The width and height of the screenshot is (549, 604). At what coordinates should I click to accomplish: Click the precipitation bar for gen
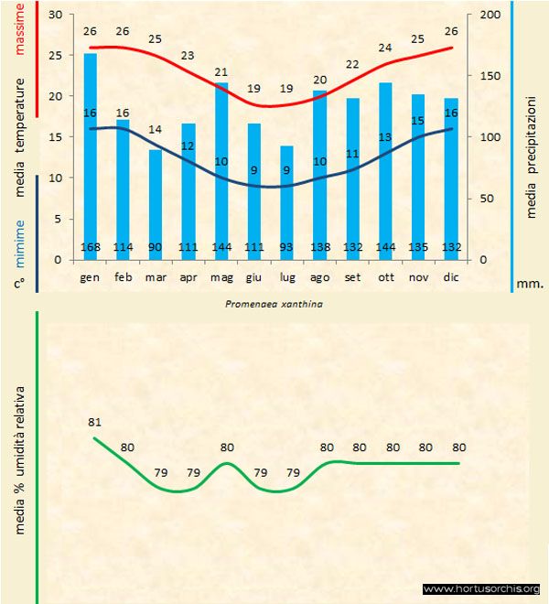pos(91,156)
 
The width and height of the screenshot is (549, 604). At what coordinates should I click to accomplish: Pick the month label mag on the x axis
pos(221,275)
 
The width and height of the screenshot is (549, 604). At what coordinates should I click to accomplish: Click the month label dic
pos(450,275)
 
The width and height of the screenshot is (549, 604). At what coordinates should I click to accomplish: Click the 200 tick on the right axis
pos(490,16)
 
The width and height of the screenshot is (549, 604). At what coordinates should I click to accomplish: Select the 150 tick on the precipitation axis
pos(490,76)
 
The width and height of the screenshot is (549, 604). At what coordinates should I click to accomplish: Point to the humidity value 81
pos(94,422)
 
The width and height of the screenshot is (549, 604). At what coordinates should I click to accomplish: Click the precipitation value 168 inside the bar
pos(91,247)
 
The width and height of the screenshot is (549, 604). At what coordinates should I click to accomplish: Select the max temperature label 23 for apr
pos(188,56)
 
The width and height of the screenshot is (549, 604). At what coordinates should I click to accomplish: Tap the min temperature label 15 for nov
pos(417,120)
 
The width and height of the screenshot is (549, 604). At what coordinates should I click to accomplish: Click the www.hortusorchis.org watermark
pos(482,588)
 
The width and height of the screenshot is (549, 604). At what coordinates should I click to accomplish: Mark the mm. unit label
pos(531,284)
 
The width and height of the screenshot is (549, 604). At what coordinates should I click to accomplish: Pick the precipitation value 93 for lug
pos(286,247)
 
